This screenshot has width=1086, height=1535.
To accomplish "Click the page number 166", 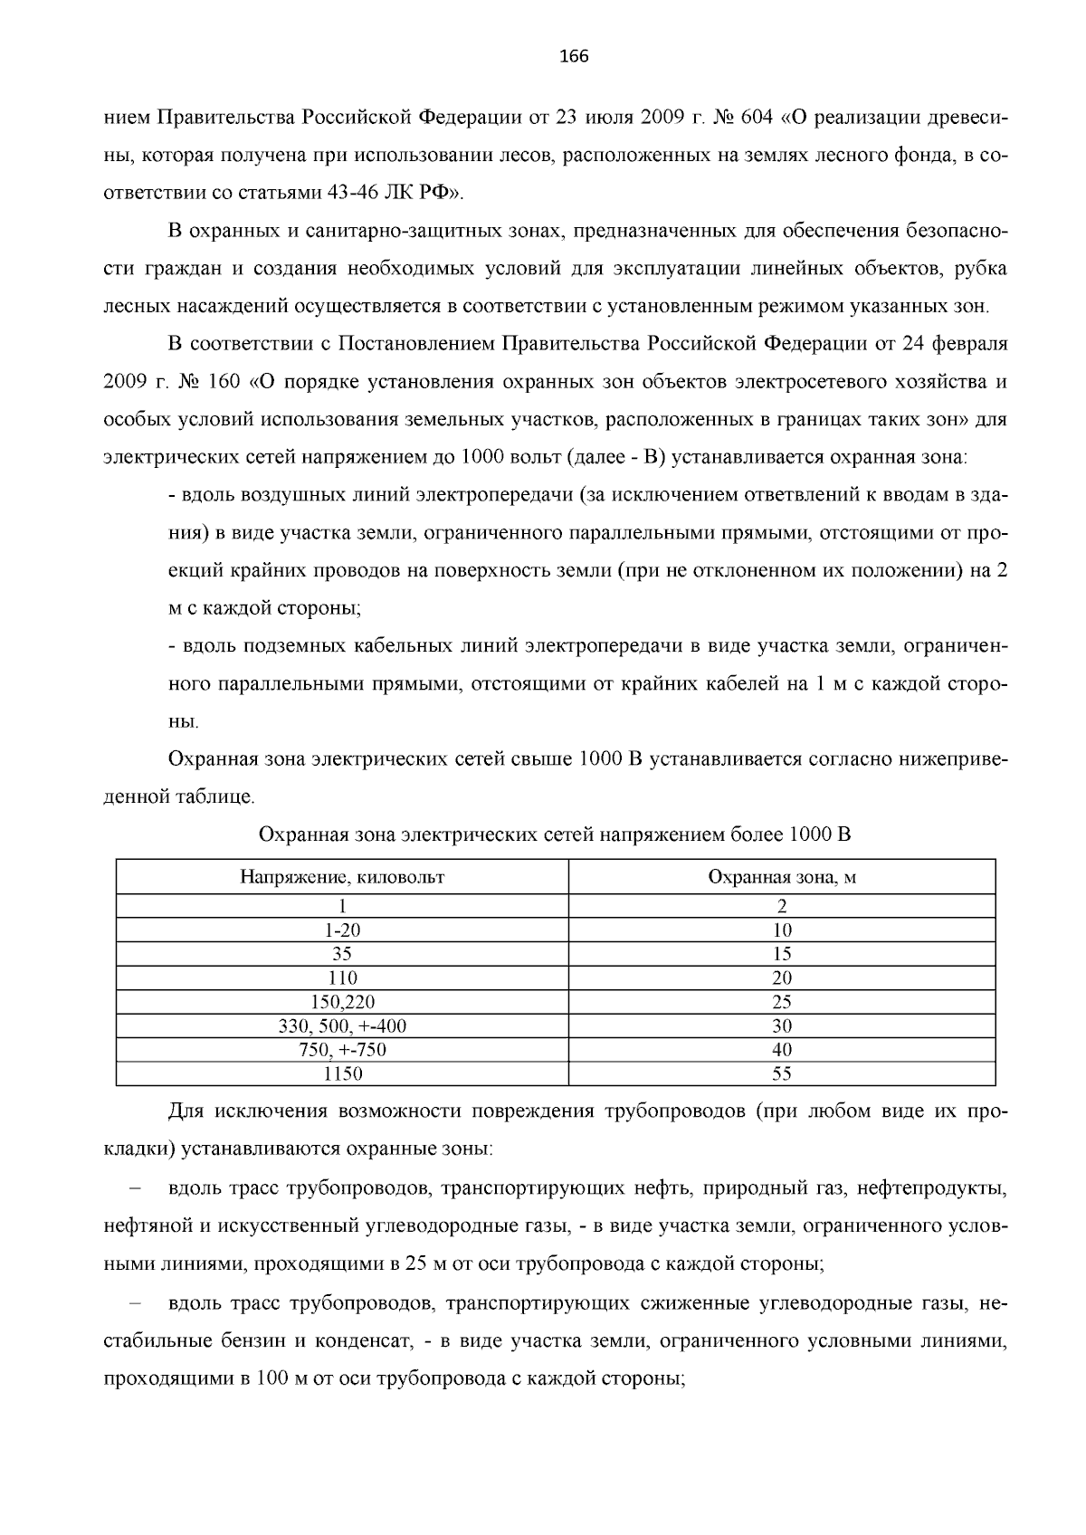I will point(574,57).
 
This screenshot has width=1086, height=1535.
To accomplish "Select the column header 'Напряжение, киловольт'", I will point(342,877).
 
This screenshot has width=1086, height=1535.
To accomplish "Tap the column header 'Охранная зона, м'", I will point(782,877).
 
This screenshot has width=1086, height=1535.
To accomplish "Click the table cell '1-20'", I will point(342,930).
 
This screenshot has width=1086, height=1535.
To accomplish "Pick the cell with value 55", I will point(782,1074).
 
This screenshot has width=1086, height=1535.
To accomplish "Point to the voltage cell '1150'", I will point(342,1074).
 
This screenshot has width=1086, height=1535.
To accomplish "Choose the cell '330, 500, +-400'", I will point(342,1026).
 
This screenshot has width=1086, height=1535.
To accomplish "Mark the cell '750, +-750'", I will point(342,1050).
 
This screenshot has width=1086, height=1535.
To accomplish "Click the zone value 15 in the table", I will point(782,954).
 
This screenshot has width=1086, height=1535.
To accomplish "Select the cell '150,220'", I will point(342,1002).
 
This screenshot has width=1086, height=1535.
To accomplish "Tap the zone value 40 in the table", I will point(782,1050).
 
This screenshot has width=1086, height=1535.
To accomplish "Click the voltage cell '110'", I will point(342,978).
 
